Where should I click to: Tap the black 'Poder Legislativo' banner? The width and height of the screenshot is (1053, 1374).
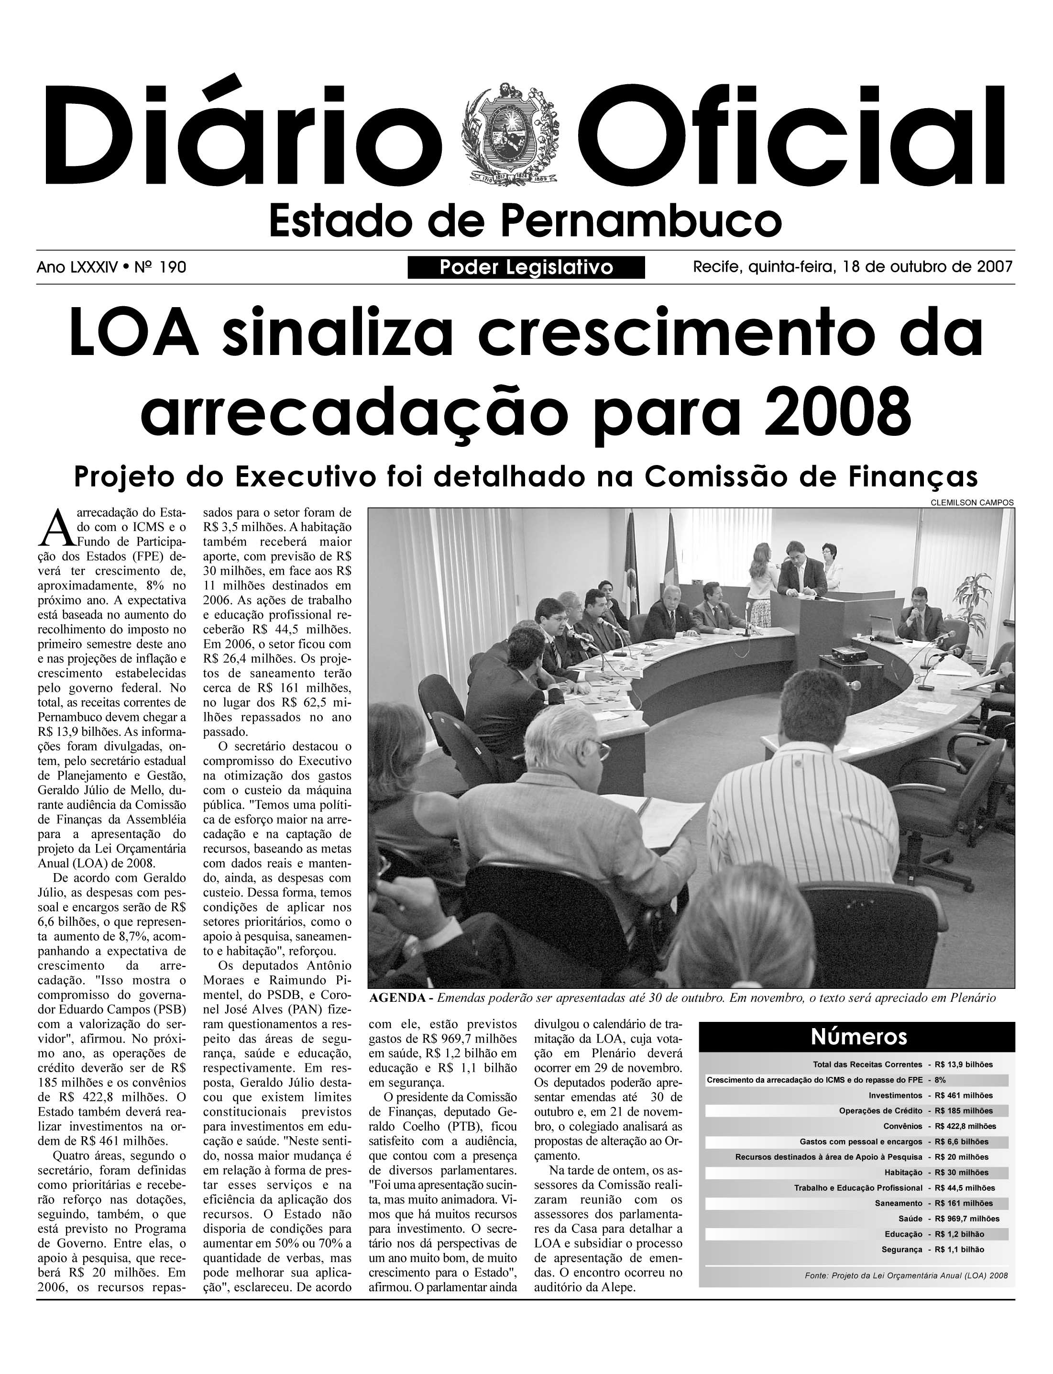click(526, 268)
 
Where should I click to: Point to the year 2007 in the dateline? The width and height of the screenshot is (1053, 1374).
click(994, 267)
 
